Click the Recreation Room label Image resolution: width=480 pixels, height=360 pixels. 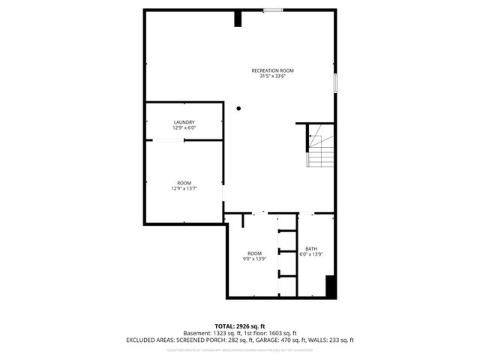tap(272, 70)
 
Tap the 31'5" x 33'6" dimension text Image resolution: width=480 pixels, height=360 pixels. tap(272, 76)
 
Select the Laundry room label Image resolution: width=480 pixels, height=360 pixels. tap(184, 122)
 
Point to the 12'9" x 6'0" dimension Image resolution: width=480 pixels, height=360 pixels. tap(184, 127)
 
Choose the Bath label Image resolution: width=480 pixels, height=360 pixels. tap(311, 249)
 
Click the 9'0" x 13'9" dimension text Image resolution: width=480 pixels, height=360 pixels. tap(255, 259)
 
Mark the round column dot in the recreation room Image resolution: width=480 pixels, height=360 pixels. tap(238, 109)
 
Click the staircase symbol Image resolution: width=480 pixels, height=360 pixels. tap(319, 147)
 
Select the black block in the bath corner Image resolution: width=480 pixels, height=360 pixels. tap(329, 287)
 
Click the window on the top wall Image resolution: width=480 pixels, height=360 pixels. tap(273, 10)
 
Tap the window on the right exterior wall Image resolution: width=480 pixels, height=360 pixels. tap(335, 82)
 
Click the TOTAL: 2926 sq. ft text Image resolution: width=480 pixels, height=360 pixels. tap(240, 326)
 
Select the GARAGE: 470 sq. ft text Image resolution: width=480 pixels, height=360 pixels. tap(276, 340)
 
